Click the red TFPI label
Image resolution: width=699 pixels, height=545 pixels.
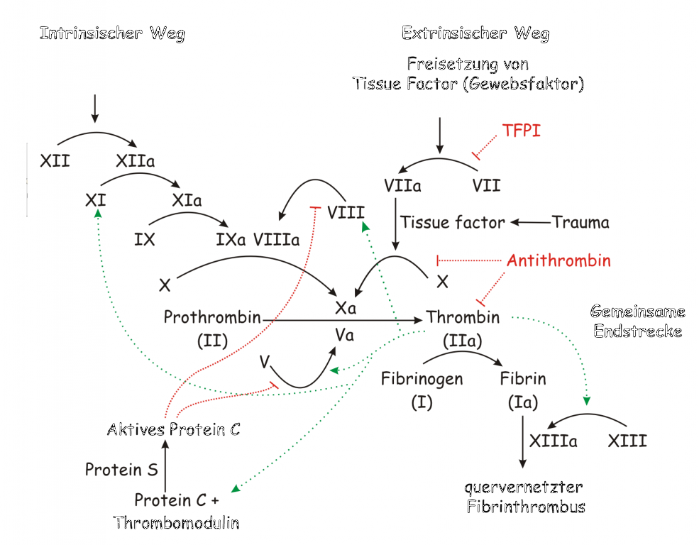(521, 131)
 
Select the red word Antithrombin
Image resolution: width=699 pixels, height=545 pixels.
(558, 260)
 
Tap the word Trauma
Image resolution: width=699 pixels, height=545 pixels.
(580, 222)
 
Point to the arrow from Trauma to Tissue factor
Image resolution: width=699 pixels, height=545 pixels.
(531, 222)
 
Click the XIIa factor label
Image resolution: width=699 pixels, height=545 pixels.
(135, 160)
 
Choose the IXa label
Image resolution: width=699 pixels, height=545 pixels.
(231, 240)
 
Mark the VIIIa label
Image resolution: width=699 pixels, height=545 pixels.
(276, 240)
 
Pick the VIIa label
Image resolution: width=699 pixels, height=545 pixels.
(402, 185)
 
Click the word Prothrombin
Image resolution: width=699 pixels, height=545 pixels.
(212, 316)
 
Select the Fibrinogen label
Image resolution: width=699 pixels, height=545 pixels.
(422, 379)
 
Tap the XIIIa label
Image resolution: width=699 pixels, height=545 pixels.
(554, 441)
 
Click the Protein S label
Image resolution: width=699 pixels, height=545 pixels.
(121, 469)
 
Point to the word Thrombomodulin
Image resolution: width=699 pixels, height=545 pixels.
(176, 522)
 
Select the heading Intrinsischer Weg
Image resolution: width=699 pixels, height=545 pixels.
(112, 33)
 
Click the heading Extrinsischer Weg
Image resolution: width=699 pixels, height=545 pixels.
(475, 33)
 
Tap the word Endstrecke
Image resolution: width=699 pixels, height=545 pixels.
(637, 331)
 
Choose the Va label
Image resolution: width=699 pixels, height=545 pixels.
(345, 335)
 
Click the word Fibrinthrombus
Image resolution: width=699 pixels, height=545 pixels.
(526, 506)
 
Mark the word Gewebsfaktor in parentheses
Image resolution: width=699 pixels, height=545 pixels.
(523, 84)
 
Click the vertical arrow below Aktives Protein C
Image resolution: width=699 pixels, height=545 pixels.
(165, 466)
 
